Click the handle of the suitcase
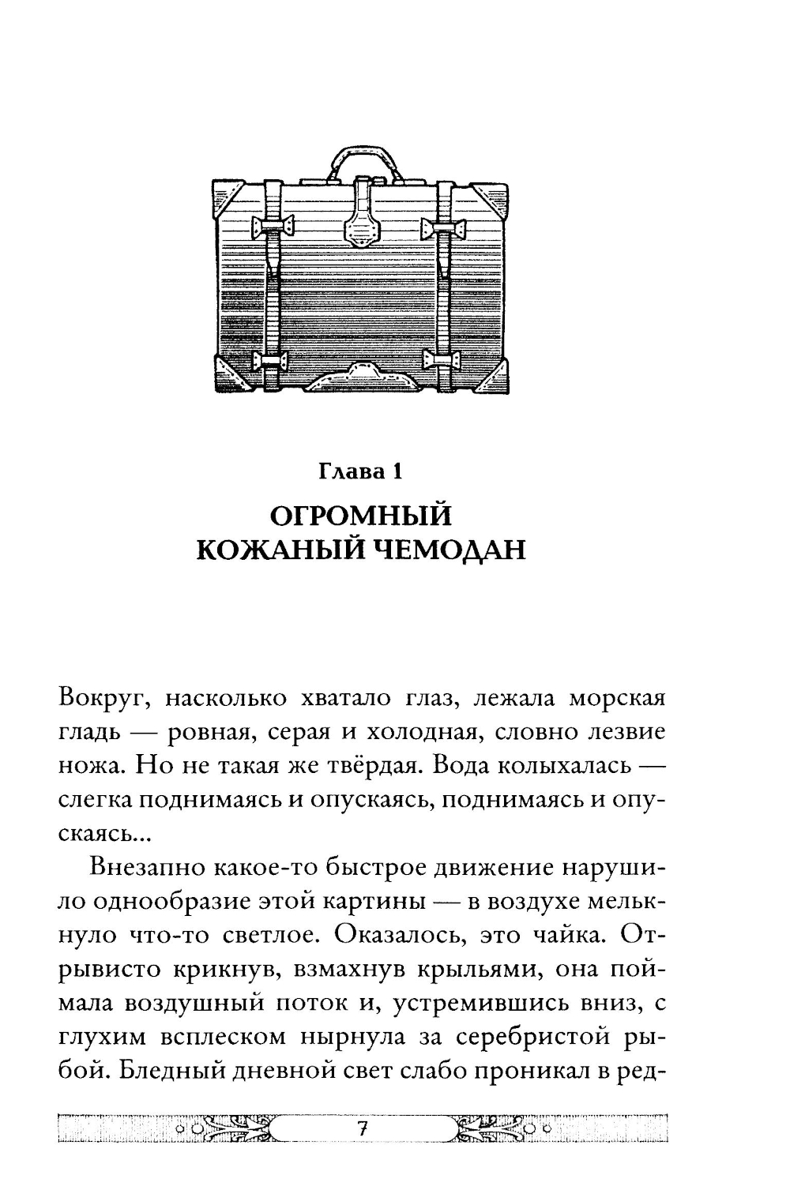click(x=361, y=155)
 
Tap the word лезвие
click(x=623, y=733)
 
